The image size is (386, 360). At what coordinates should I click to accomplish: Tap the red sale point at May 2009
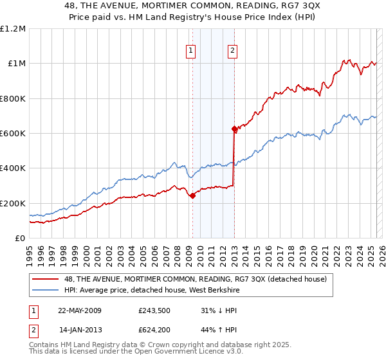coord(192,196)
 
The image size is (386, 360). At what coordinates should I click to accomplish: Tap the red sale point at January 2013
coord(234,129)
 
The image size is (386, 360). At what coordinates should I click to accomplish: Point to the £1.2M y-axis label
coord(13,29)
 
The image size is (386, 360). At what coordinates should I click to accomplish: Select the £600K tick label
coord(12,134)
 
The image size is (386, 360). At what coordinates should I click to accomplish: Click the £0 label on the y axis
coord(19,239)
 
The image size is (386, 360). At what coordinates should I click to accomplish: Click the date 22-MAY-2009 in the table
coord(80,310)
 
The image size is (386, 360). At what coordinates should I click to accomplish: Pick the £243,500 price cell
coord(154,310)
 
